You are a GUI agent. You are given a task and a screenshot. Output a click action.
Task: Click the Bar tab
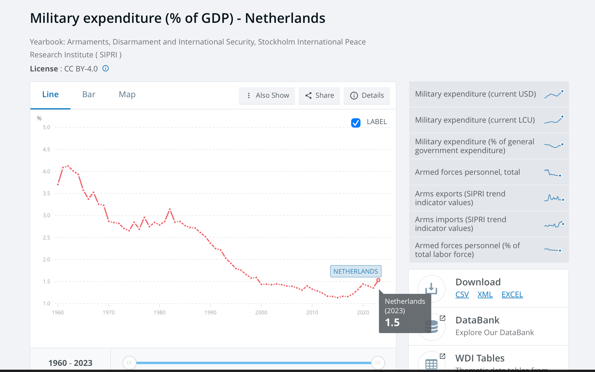tap(89, 94)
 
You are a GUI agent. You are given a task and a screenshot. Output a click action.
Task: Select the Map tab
tap(127, 94)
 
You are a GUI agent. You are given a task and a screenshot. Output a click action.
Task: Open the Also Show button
tap(267, 95)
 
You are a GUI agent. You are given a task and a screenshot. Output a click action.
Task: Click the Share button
tap(319, 95)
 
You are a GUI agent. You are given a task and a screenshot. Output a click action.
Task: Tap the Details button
tap(367, 95)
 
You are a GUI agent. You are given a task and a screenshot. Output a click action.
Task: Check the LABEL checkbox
tap(356, 123)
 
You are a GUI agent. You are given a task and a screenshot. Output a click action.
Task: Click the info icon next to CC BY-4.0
tap(106, 68)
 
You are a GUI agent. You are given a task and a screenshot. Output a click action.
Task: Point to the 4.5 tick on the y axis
tap(46, 149)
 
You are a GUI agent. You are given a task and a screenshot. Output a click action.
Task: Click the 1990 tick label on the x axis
tap(210, 312)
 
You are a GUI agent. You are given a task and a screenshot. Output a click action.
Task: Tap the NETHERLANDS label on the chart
tap(356, 271)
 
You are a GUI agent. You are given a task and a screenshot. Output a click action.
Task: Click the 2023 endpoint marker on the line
tap(378, 280)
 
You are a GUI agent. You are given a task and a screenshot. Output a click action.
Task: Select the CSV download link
tap(462, 294)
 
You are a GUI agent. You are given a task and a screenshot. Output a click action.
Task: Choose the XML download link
tap(485, 294)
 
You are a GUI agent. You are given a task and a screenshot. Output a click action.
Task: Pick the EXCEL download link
tap(512, 294)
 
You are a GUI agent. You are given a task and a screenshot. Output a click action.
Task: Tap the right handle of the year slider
tap(378, 363)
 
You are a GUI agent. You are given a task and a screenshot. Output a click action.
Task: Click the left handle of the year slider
tap(129, 363)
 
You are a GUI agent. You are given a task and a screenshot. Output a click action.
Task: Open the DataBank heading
tap(477, 320)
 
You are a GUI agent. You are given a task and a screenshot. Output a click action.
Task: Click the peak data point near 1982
tap(170, 209)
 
